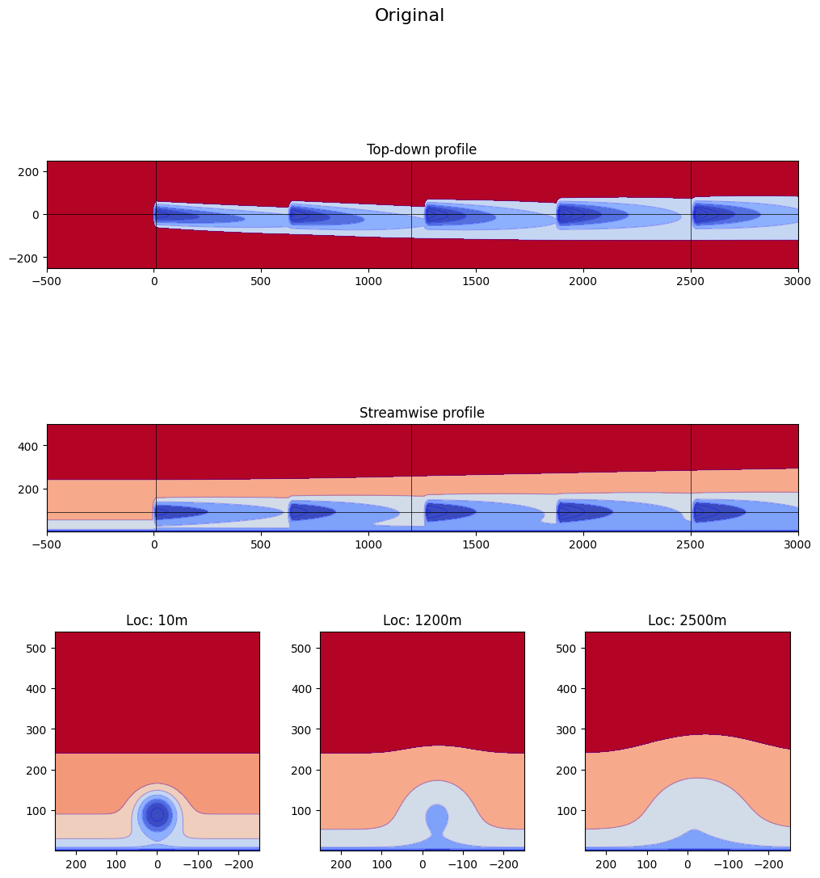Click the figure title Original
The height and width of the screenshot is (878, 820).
click(x=410, y=15)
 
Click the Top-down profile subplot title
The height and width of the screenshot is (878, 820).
click(x=422, y=149)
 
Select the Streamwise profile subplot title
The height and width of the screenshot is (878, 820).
click(x=422, y=413)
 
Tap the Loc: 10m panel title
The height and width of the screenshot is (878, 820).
click(x=157, y=620)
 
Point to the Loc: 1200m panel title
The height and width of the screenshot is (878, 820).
click(x=422, y=620)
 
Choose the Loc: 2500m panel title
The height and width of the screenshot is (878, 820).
click(x=687, y=620)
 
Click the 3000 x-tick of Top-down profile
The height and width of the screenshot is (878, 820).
click(x=798, y=283)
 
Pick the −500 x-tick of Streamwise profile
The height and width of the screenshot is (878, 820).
click(x=47, y=546)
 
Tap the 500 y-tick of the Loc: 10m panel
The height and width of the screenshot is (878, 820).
click(x=38, y=649)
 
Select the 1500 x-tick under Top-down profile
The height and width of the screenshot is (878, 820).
click(x=476, y=283)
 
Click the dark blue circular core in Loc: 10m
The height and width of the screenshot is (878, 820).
click(x=158, y=814)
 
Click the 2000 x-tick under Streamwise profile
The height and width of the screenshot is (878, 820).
click(x=583, y=546)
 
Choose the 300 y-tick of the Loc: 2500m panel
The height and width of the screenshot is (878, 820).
click(x=568, y=729)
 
